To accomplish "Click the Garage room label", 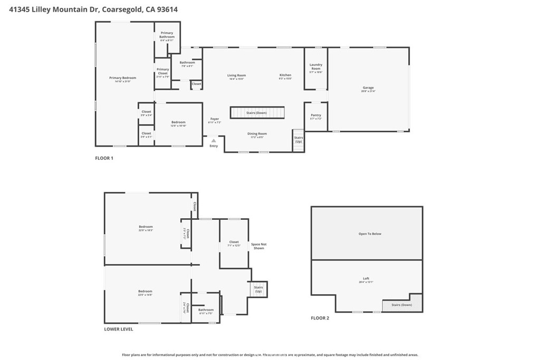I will (x=368, y=87).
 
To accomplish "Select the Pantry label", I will (x=315, y=115).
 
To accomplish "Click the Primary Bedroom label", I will (x=119, y=78).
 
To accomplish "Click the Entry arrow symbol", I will (x=213, y=140).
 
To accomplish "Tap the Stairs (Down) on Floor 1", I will (x=257, y=113).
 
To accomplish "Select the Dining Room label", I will (x=257, y=134).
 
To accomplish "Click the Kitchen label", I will (x=285, y=75).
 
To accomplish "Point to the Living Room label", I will (x=236, y=75).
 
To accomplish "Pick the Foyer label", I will (x=214, y=119).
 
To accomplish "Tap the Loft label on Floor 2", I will (x=366, y=278).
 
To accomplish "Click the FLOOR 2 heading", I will (x=320, y=318).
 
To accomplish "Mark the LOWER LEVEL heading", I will (x=119, y=329).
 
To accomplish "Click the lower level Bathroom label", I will (x=206, y=310).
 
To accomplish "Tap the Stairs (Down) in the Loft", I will (x=401, y=305).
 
